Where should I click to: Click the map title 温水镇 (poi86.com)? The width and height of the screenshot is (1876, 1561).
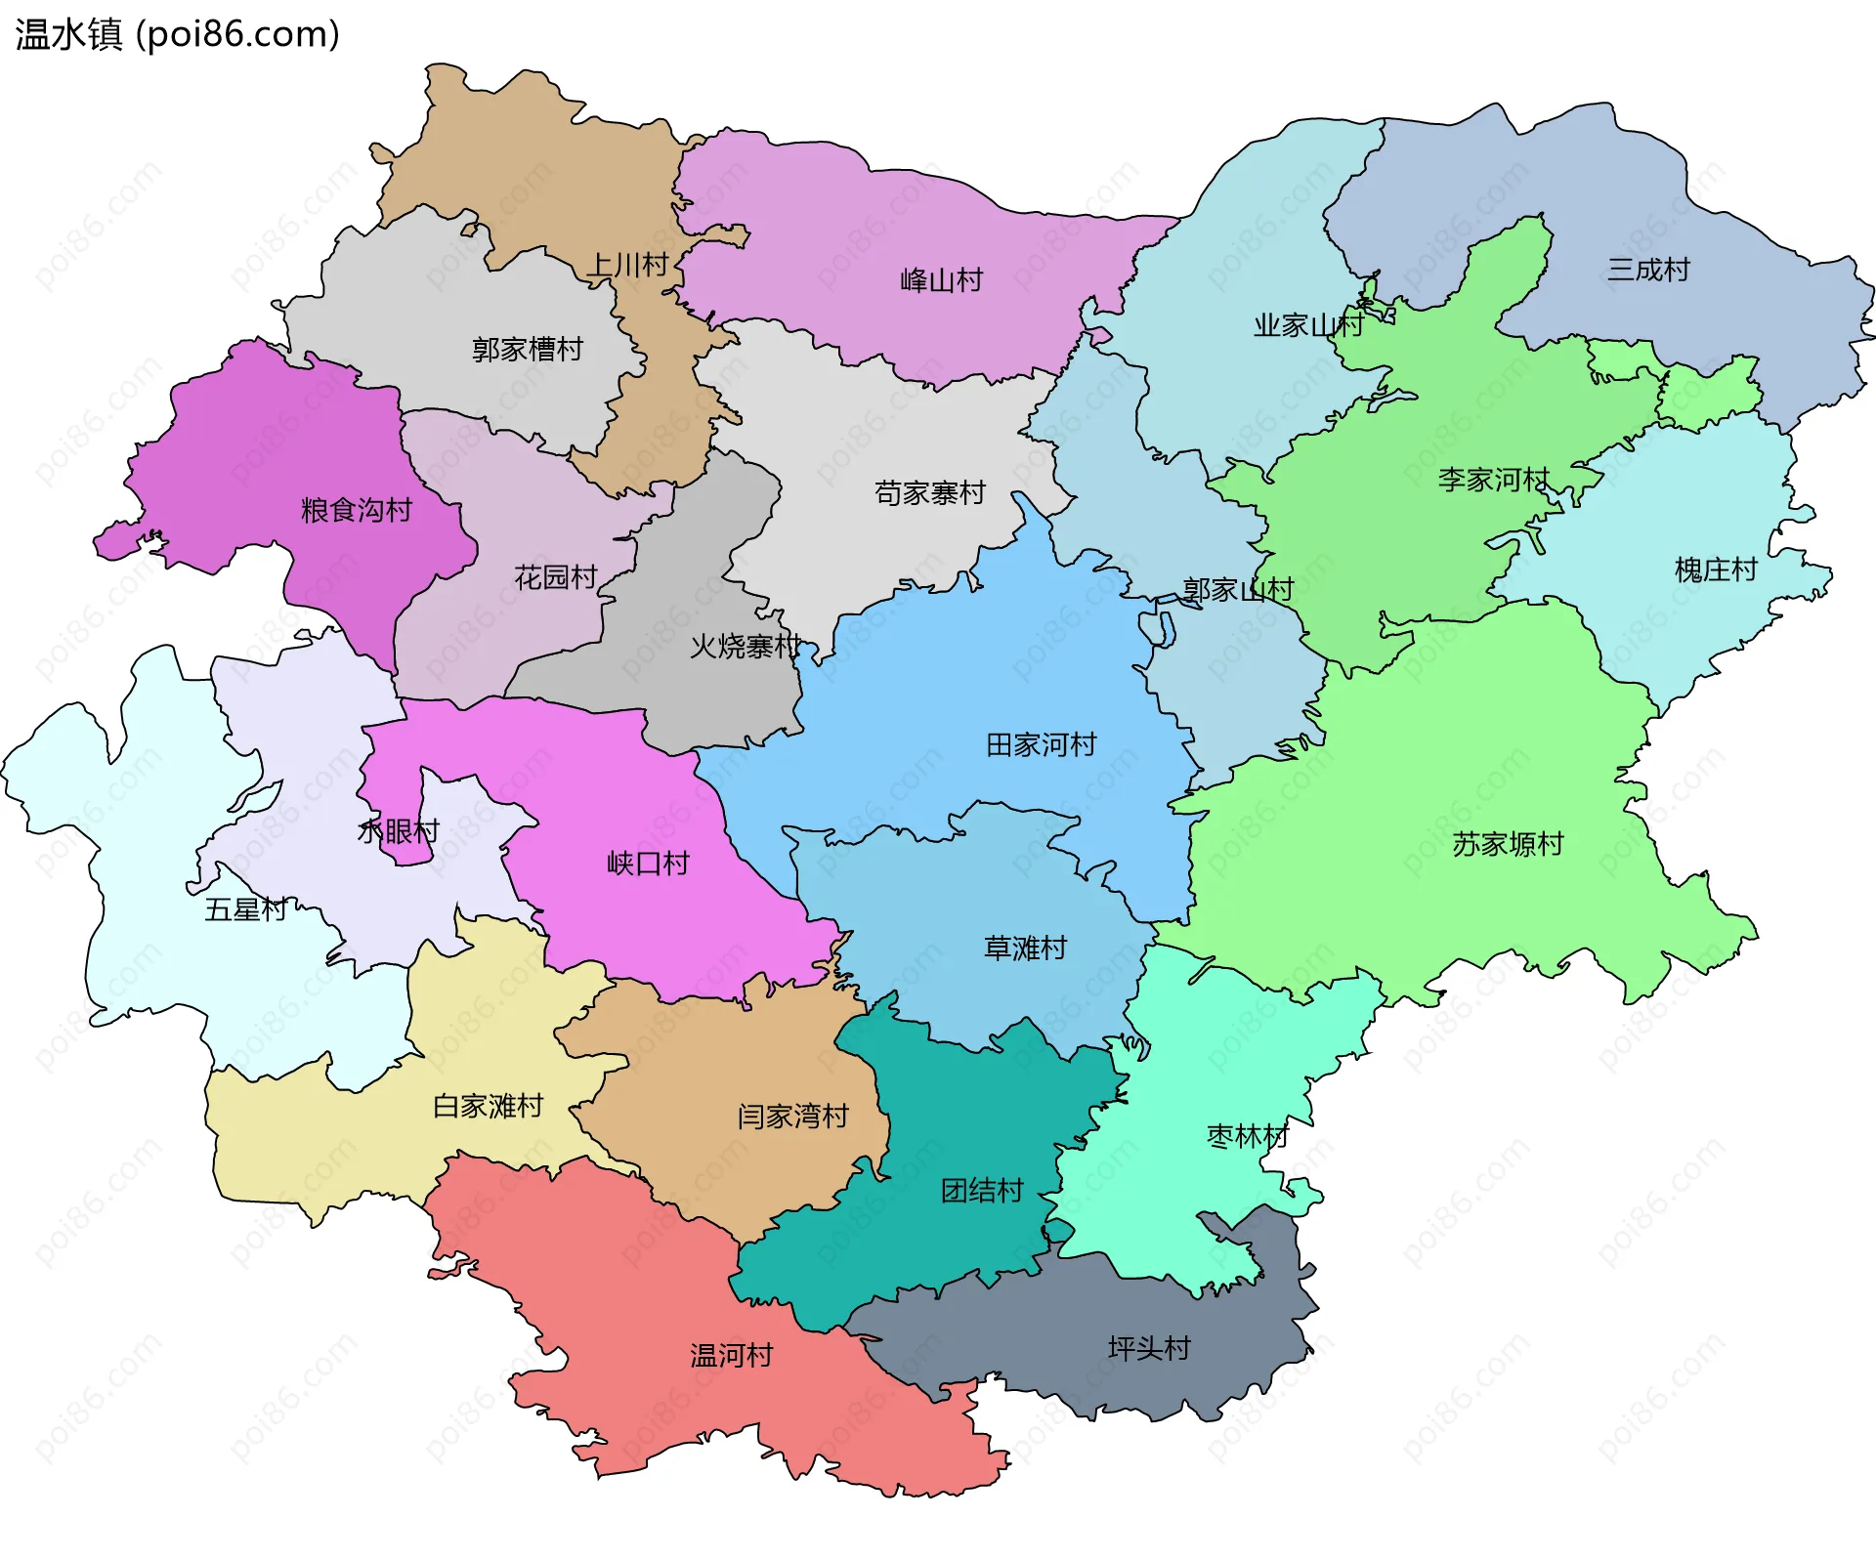177,34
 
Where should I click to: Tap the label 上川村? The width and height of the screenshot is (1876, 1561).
627,265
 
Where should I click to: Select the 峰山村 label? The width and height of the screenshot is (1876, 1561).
941,280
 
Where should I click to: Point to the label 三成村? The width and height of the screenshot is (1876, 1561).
1648,270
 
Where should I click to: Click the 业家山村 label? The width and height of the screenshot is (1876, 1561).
1308,325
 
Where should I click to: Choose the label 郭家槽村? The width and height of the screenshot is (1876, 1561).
527,349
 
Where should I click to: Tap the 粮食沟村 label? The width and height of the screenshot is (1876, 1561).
356,510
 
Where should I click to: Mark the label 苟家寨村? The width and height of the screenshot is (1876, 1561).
929,493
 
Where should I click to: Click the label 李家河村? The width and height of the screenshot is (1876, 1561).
1493,480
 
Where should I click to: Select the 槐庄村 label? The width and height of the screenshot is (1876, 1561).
1716,570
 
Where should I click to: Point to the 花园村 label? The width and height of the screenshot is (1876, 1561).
555,577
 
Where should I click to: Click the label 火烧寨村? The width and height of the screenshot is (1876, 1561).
745,646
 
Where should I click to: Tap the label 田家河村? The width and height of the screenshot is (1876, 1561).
1041,745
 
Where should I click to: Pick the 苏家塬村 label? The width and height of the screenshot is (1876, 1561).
1508,844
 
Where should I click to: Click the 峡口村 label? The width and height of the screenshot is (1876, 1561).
648,864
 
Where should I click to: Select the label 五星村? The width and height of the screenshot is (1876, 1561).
245,909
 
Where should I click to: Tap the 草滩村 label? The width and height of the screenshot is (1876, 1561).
1025,948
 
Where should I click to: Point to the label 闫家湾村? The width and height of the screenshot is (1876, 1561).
792,1116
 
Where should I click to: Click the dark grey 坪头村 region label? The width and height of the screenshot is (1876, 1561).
1149,1348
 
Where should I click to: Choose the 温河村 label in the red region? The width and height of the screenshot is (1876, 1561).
731,1355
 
